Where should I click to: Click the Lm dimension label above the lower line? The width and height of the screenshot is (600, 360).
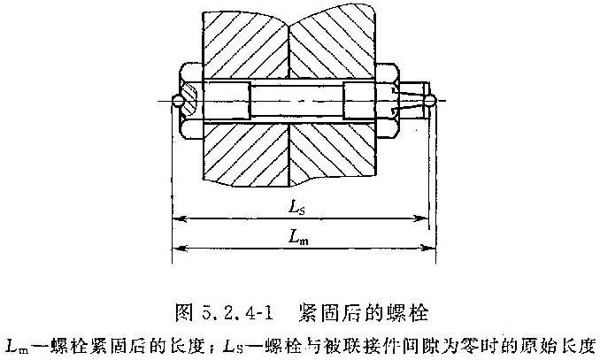click(298, 237)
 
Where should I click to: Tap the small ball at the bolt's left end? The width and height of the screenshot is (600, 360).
click(178, 101)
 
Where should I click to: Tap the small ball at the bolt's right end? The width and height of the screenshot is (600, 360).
click(431, 101)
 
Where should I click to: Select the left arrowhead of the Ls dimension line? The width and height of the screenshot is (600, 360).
click(180, 219)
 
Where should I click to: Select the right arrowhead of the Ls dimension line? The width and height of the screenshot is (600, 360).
click(421, 218)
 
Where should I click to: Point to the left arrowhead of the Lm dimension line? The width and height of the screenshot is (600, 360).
click(180, 249)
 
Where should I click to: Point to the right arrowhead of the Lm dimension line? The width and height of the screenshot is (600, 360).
click(427, 248)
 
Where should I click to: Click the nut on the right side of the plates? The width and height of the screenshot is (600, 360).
click(388, 101)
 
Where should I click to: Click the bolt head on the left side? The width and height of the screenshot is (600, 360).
click(191, 101)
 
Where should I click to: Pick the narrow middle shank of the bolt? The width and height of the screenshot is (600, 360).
click(296, 101)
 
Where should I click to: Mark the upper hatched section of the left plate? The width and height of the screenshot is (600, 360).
click(246, 45)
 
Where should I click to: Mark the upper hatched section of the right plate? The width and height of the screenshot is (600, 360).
click(332, 45)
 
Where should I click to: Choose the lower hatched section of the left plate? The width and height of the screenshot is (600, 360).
click(246, 154)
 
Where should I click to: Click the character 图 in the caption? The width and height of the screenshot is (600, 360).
click(183, 313)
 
